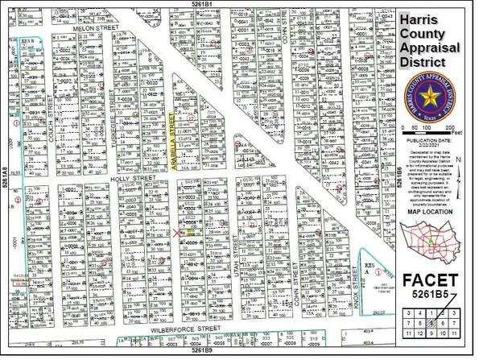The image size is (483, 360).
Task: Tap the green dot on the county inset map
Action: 431,239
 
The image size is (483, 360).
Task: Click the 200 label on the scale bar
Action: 461,129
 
